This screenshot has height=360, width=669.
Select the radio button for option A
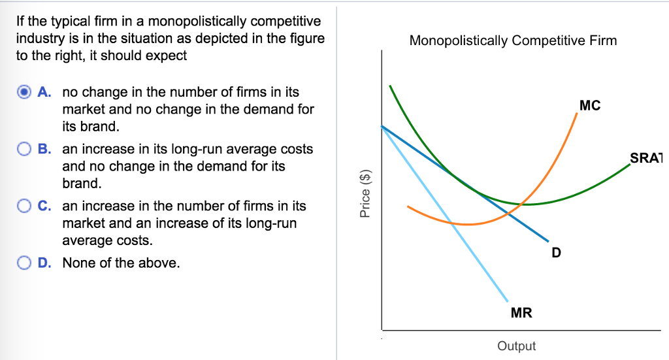pyautogui.click(x=24, y=92)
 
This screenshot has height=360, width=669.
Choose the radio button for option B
pyautogui.click(x=24, y=149)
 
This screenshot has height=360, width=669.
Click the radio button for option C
pyautogui.click(x=24, y=206)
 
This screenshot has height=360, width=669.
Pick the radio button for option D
pyautogui.click(x=24, y=263)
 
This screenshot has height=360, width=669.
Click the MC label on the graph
pyautogui.click(x=589, y=105)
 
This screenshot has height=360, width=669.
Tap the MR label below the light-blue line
pyautogui.click(x=521, y=313)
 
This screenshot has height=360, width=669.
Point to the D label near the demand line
pyautogui.click(x=556, y=252)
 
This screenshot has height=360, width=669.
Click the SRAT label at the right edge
pyautogui.click(x=645, y=157)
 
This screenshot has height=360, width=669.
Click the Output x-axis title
pyautogui.click(x=516, y=346)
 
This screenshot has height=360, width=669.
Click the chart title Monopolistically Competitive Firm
pyautogui.click(x=513, y=41)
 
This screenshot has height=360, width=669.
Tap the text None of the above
pyautogui.click(x=121, y=263)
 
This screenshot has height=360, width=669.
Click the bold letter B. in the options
pyautogui.click(x=45, y=149)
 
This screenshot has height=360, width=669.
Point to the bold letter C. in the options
pyautogui.click(x=45, y=206)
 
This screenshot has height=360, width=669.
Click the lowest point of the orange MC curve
pyautogui.click(x=467, y=224)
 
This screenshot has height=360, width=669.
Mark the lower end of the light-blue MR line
pyautogui.click(x=508, y=302)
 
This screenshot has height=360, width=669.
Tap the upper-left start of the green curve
pyautogui.click(x=390, y=86)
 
